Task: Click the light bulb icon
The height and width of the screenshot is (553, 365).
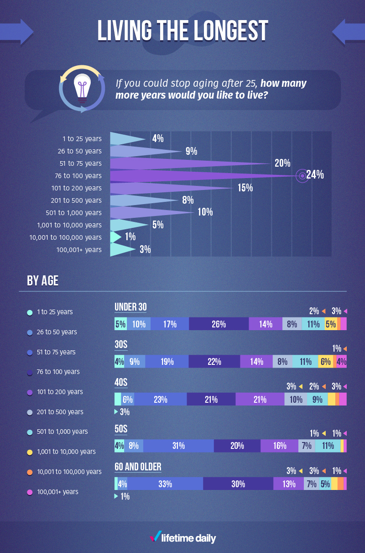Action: point(82,88)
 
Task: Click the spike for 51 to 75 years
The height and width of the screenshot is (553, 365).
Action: point(182,163)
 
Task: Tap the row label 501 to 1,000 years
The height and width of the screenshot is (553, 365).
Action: point(74,213)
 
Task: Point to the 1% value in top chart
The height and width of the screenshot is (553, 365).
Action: point(130,237)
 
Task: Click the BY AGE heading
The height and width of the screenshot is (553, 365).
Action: point(42,280)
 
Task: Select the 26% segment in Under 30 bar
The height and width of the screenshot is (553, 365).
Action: point(219,324)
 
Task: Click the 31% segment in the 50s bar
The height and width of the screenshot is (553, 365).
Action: point(178,446)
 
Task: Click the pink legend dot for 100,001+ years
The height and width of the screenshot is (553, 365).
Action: point(30,492)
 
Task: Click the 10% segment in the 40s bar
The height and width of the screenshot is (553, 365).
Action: point(296,400)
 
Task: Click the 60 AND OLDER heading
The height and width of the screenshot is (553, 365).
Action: point(138,467)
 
